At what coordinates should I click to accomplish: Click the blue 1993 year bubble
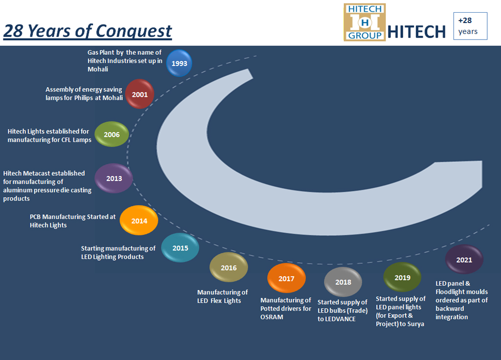click(179, 63)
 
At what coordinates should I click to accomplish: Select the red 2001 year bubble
click(139, 94)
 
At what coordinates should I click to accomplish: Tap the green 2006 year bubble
click(112, 134)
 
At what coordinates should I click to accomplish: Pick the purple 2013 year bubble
click(114, 178)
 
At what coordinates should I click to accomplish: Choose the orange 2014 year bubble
click(139, 221)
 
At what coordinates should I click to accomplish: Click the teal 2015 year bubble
click(180, 247)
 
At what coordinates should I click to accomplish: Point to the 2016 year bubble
click(229, 268)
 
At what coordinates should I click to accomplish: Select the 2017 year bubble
click(286, 278)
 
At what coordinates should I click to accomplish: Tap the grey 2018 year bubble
click(343, 282)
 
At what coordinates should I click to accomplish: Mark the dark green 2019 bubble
click(402, 277)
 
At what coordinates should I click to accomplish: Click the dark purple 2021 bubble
click(464, 259)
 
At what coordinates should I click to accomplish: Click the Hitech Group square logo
click(364, 22)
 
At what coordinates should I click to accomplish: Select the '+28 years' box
click(470, 26)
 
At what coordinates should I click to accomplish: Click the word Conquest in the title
click(134, 31)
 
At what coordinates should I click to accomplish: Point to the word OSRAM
click(272, 317)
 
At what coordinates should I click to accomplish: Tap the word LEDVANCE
click(337, 319)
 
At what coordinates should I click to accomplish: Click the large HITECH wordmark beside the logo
click(417, 32)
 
